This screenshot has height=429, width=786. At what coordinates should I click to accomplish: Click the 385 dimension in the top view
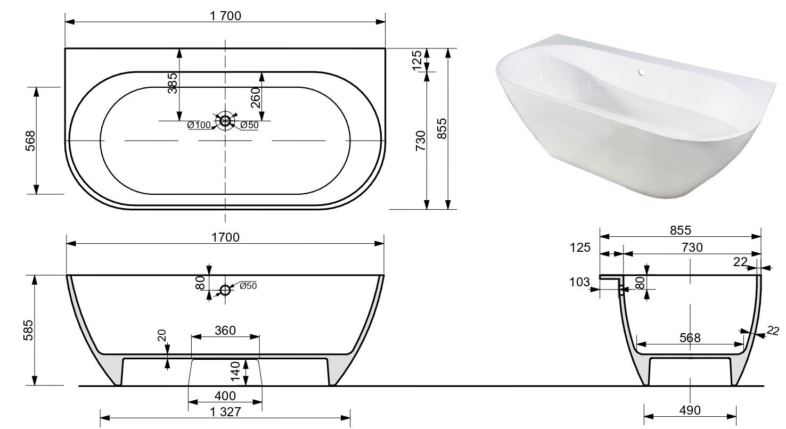(173, 83)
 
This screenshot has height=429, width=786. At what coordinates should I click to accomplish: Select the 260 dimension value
(256, 97)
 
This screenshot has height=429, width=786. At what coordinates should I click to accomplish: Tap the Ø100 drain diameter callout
(199, 125)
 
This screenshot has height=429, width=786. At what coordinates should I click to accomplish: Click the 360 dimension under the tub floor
(225, 331)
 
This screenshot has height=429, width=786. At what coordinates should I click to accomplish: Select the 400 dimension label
(225, 396)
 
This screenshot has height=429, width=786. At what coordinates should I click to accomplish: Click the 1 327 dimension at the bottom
(225, 411)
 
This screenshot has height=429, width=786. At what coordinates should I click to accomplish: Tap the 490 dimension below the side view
(690, 410)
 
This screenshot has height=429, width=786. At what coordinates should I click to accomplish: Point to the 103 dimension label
(580, 282)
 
